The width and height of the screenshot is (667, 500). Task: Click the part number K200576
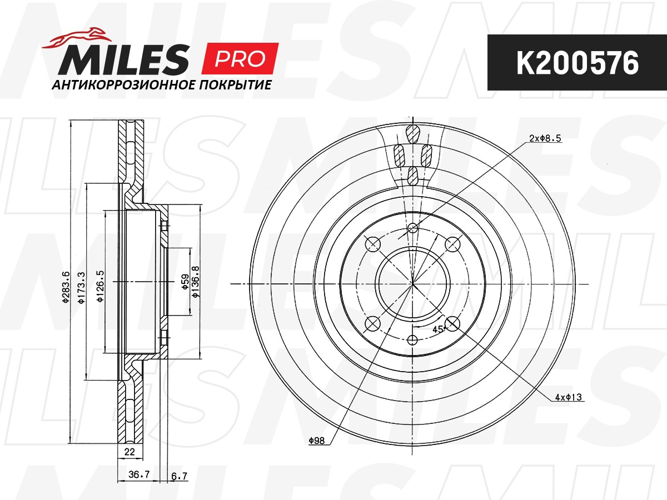[x=578, y=63]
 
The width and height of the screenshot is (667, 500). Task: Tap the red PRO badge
[x=240, y=58]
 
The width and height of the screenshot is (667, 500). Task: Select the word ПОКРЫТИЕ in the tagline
[x=235, y=85]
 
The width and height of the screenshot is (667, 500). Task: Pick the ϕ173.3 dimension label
[x=82, y=287]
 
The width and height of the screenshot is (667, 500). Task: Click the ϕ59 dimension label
[x=186, y=282]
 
